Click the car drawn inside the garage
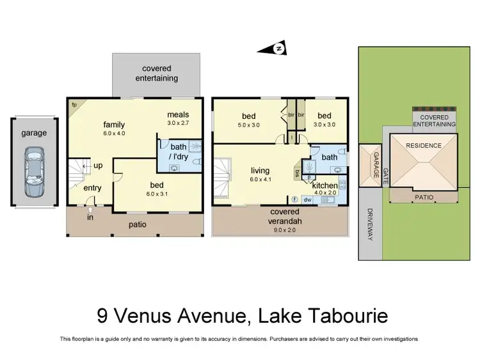coord(34,173)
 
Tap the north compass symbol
coord(278,49)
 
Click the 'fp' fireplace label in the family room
coord(74,104)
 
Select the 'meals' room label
coord(179,114)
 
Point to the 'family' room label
coord(115,125)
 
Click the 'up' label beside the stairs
coord(98,165)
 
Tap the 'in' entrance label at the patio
coord(90,217)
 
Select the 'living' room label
coord(260,171)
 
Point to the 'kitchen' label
coord(324,186)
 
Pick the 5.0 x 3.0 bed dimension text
coord(249,125)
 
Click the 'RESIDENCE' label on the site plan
coord(424,146)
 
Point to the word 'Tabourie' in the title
coord(346,315)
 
